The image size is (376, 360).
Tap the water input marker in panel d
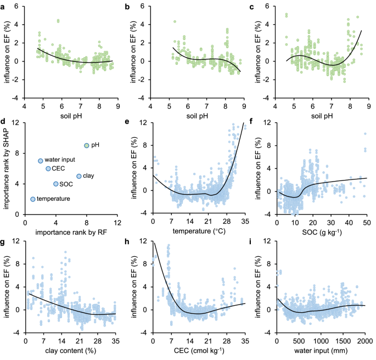[x=41, y=161]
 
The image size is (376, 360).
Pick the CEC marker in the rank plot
[x=48, y=168]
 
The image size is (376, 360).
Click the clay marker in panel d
[x=79, y=176]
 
